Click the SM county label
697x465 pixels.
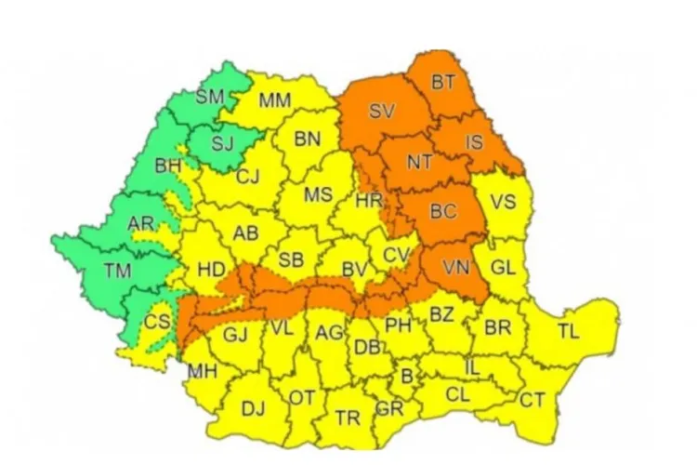(210, 97)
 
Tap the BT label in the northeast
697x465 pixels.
(442, 83)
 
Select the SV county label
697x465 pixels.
(381, 112)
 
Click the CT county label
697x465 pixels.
(532, 401)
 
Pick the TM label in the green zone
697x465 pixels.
(117, 272)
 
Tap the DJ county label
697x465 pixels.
(253, 407)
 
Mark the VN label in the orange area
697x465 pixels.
(454, 267)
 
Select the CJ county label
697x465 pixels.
(247, 177)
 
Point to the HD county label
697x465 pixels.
(212, 270)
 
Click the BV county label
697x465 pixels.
(354, 270)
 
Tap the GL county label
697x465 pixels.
(503, 268)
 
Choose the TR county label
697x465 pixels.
(348, 418)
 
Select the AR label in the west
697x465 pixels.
(141, 224)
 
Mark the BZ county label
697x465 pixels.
(441, 315)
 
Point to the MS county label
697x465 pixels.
(319, 195)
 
